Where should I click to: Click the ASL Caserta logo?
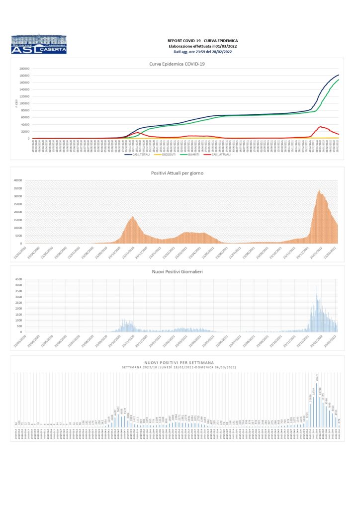(x=38, y=44)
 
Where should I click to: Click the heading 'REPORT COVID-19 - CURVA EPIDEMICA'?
(x=202, y=40)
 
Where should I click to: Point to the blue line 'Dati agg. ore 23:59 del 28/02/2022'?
(x=202, y=52)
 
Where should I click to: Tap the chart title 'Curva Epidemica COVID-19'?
(x=177, y=64)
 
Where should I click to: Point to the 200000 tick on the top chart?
(x=24, y=69)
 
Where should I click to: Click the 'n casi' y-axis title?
(x=16, y=103)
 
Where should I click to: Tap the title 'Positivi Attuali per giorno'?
(x=177, y=172)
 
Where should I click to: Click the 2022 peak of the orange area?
(x=319, y=190)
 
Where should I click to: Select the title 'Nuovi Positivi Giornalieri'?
(x=177, y=271)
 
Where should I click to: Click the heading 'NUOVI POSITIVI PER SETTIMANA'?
(x=177, y=362)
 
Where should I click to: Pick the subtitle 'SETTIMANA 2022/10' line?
(x=177, y=367)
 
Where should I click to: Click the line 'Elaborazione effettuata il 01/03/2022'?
(x=202, y=46)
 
